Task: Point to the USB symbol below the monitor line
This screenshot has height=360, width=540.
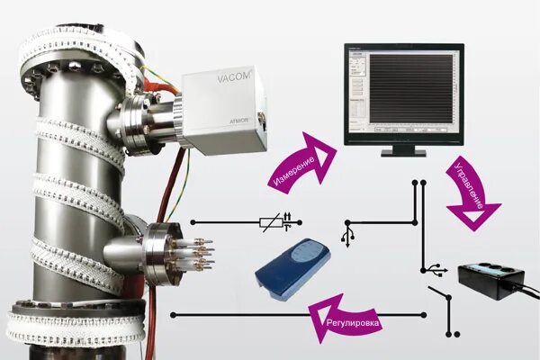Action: pos(348,236)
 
